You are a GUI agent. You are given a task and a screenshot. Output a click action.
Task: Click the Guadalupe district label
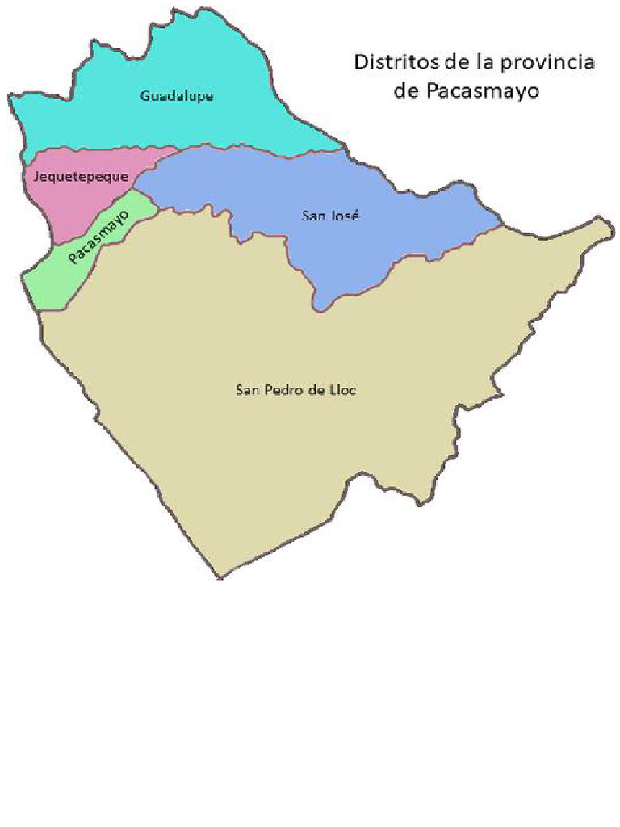click(177, 96)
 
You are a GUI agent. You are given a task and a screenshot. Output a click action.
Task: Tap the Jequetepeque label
click(80, 175)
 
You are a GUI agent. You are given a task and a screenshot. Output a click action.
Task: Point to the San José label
click(330, 216)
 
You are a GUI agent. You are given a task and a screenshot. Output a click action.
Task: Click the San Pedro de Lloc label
click(295, 390)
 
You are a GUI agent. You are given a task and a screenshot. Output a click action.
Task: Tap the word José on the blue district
click(344, 216)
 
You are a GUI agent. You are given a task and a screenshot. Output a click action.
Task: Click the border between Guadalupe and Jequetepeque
click(97, 152)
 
